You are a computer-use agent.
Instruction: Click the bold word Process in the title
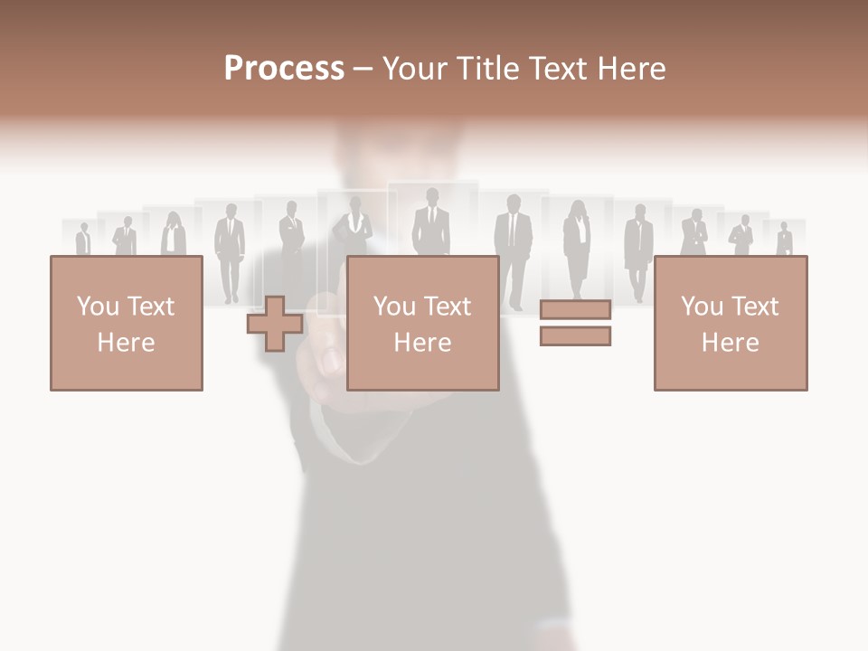point(284,69)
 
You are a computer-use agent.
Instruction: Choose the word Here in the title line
point(633,69)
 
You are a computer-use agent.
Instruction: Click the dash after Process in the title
point(363,70)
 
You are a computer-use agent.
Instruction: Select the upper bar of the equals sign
point(575,310)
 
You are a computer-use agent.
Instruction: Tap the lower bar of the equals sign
point(575,336)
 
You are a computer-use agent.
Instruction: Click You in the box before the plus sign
point(97,306)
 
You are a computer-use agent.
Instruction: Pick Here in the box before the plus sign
point(126,343)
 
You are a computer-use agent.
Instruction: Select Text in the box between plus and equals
point(448,306)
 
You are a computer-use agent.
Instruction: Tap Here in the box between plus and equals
point(422,343)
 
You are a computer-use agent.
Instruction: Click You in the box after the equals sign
point(701,306)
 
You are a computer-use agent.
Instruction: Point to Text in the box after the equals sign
point(755,306)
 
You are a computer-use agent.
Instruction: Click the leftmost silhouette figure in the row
point(83,240)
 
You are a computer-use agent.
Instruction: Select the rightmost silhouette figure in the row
point(784,240)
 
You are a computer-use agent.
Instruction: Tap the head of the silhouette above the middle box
point(431,196)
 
